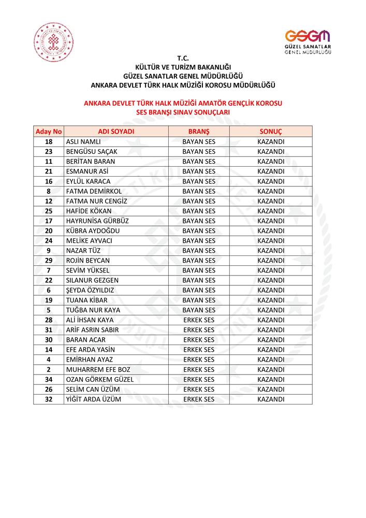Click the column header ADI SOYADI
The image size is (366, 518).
tap(116, 132)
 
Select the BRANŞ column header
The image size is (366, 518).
tap(199, 132)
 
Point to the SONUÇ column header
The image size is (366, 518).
tap(270, 132)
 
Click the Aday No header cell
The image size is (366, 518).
tap(49, 132)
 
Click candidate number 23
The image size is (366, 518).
tap(49, 151)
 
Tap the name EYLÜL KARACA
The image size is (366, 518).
tap(89, 181)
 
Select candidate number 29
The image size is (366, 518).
tap(49, 261)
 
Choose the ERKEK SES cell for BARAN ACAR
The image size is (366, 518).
tap(199, 340)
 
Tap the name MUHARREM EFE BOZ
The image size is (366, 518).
tap(98, 369)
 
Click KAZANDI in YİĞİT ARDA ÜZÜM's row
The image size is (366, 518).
tap(271, 399)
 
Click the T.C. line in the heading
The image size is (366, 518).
tap(183, 59)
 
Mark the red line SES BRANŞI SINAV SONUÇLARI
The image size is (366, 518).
tap(183, 111)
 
